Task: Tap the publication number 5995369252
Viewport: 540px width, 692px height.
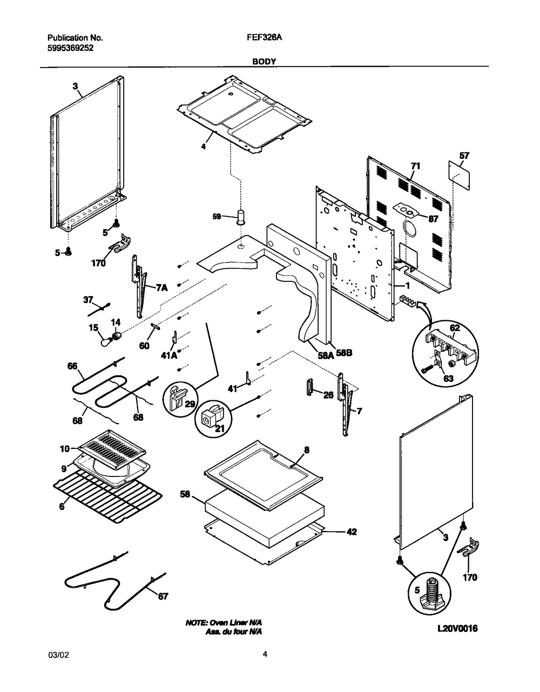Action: point(70,48)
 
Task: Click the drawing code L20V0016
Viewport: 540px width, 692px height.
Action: point(455,629)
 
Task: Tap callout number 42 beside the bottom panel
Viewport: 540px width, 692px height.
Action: point(351,532)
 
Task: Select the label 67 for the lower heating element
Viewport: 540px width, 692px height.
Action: point(163,596)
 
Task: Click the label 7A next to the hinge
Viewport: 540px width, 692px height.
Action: point(161,288)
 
